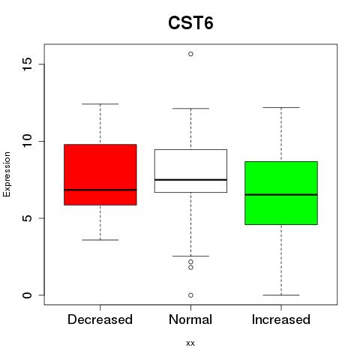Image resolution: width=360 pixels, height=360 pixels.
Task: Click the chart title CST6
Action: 190,23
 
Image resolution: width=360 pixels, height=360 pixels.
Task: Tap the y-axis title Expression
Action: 7,175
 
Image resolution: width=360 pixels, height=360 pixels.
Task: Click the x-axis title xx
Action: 190,343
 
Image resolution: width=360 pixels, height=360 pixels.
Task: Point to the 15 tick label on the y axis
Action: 27,64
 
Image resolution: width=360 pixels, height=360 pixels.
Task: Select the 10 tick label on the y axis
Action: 27,141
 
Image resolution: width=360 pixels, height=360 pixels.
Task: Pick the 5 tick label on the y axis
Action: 27,218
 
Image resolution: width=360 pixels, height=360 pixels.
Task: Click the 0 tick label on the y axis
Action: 27,295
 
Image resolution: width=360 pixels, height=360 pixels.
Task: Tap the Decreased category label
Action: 100,319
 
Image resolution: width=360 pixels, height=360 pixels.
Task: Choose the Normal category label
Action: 190,319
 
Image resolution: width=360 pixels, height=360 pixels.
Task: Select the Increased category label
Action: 281,319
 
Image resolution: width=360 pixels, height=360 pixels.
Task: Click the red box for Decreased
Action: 100,175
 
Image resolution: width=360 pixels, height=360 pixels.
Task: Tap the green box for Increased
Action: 281,193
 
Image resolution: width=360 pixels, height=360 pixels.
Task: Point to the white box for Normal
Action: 190,171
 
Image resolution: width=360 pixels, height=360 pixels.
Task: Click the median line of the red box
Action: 100,190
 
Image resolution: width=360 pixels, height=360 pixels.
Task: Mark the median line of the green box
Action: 281,194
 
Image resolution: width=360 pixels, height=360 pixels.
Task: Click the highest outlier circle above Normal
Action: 190,54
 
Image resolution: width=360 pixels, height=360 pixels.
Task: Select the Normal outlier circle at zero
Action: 190,295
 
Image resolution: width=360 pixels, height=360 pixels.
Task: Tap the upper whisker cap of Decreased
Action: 100,103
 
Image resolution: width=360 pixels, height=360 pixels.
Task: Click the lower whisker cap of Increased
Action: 281,295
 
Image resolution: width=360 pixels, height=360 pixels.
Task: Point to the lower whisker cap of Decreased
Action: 100,240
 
